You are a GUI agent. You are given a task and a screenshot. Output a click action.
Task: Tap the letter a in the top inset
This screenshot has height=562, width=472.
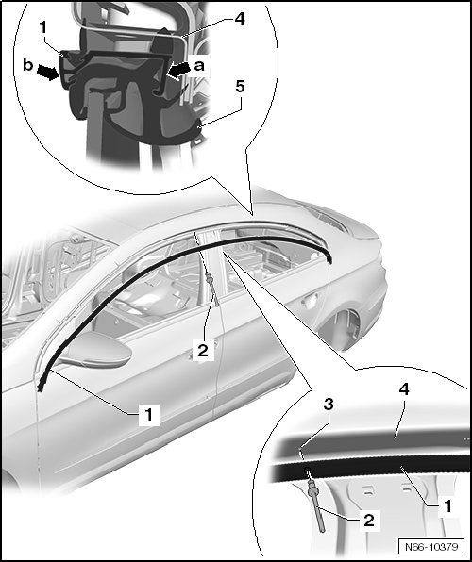pos(199,66)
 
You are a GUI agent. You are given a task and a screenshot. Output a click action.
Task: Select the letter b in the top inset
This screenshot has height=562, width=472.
pos(28,65)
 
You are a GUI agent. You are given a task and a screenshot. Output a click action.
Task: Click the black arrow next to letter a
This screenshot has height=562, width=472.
pos(179,70)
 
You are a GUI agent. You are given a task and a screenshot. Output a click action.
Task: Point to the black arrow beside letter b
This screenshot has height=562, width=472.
pos(48,72)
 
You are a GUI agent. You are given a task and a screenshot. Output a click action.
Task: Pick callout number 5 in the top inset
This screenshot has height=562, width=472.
pos(240,87)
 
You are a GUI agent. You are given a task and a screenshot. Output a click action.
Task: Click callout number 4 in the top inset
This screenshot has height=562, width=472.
pos(240,18)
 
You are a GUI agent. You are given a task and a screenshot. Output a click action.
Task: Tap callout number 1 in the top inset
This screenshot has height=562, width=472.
pos(43,27)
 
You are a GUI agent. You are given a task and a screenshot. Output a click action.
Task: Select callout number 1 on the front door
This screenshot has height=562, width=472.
pos(148,414)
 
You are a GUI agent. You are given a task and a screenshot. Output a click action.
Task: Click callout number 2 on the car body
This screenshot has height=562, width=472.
pos(203,350)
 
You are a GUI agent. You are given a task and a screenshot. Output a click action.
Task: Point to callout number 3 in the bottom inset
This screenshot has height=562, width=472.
pos(329,405)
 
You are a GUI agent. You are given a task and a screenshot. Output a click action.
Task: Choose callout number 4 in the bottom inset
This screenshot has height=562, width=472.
pos(404,389)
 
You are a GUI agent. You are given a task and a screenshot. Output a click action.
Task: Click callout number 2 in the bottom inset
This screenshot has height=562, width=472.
pos(369,521)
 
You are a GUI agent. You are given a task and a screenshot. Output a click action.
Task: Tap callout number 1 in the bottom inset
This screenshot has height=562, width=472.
pos(448,506)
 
